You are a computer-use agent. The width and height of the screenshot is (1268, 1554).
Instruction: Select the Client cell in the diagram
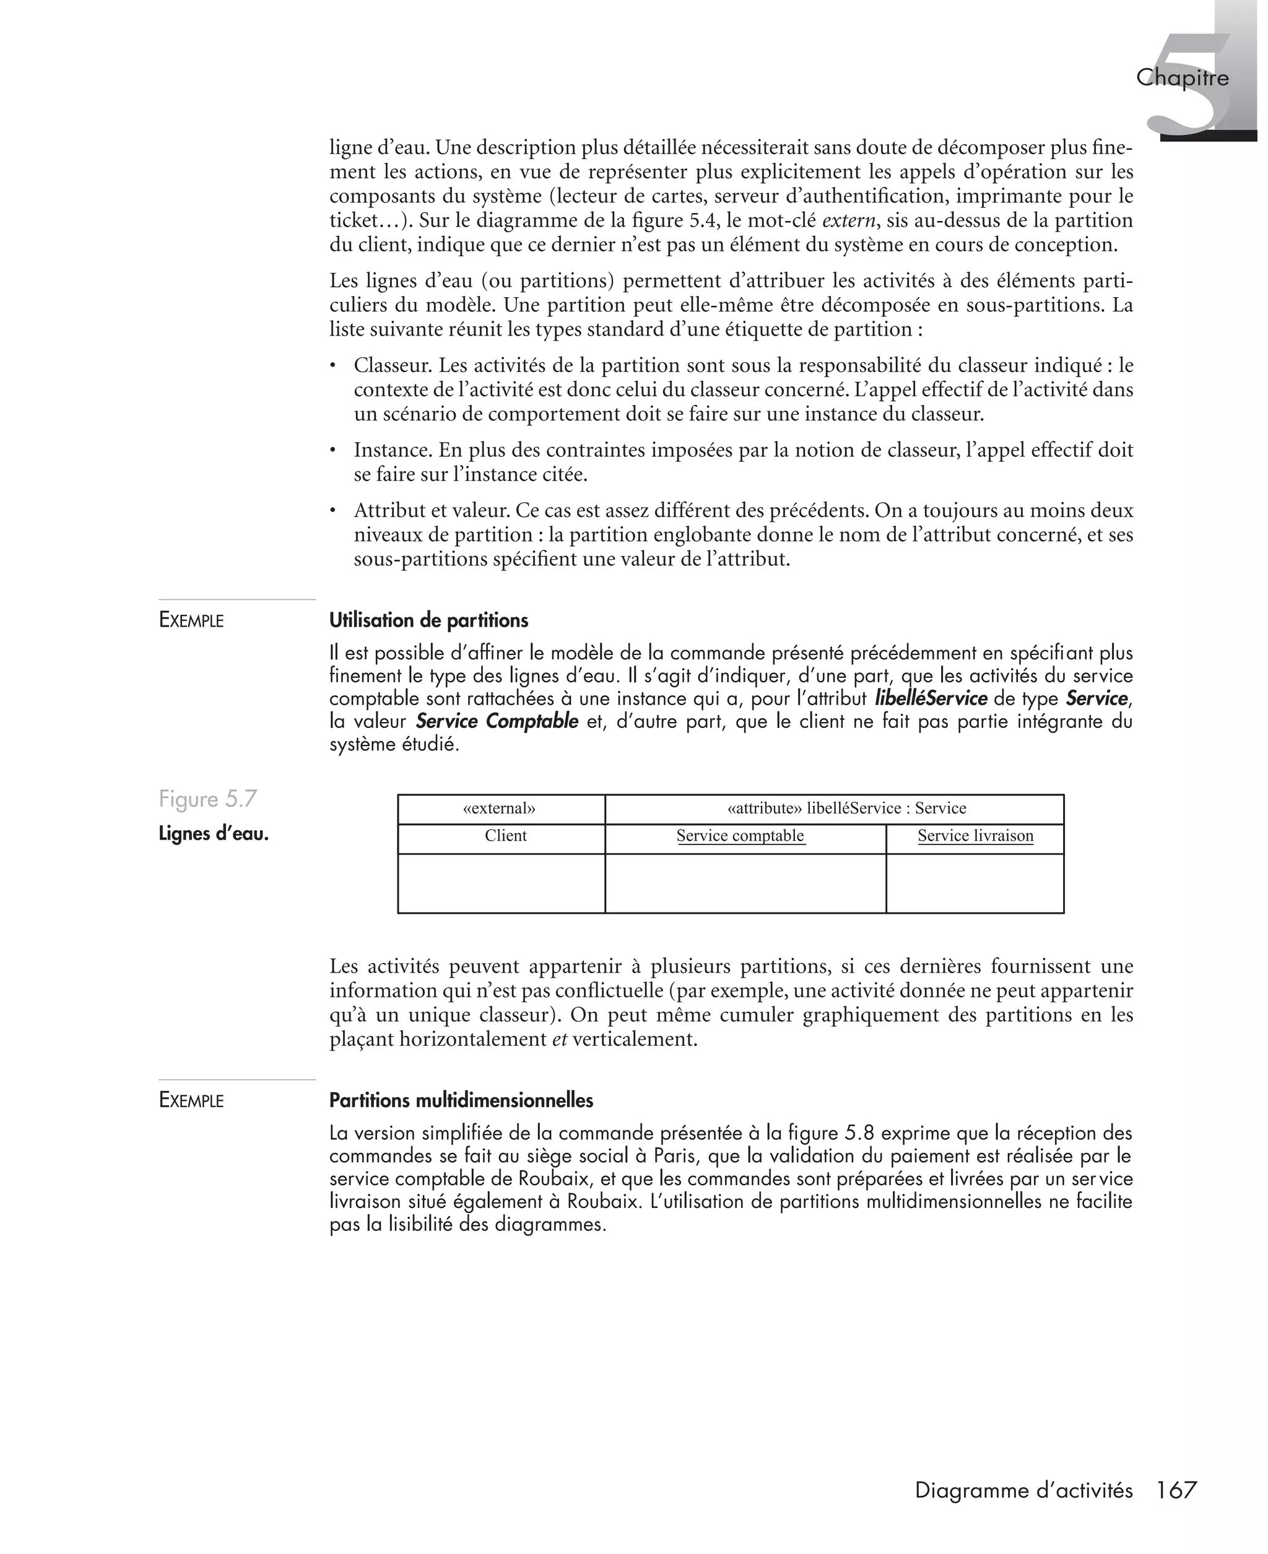click(505, 836)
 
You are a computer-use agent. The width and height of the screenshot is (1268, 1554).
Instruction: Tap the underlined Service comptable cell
click(740, 836)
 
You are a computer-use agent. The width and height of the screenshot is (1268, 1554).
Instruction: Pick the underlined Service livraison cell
click(975, 836)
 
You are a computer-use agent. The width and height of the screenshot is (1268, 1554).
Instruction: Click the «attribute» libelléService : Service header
click(846, 809)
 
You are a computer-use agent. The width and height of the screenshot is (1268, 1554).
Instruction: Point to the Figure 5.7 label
click(208, 799)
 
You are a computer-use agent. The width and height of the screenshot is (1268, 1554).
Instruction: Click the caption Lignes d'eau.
click(213, 834)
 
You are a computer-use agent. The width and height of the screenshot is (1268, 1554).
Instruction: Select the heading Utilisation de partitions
click(428, 621)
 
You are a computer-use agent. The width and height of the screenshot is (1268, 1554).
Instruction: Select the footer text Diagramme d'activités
click(1023, 1490)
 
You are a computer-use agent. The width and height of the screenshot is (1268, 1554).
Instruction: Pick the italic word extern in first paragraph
click(847, 220)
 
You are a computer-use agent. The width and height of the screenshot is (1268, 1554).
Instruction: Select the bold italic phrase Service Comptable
click(497, 721)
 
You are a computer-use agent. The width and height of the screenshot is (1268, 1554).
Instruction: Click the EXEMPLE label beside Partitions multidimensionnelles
click(191, 1101)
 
